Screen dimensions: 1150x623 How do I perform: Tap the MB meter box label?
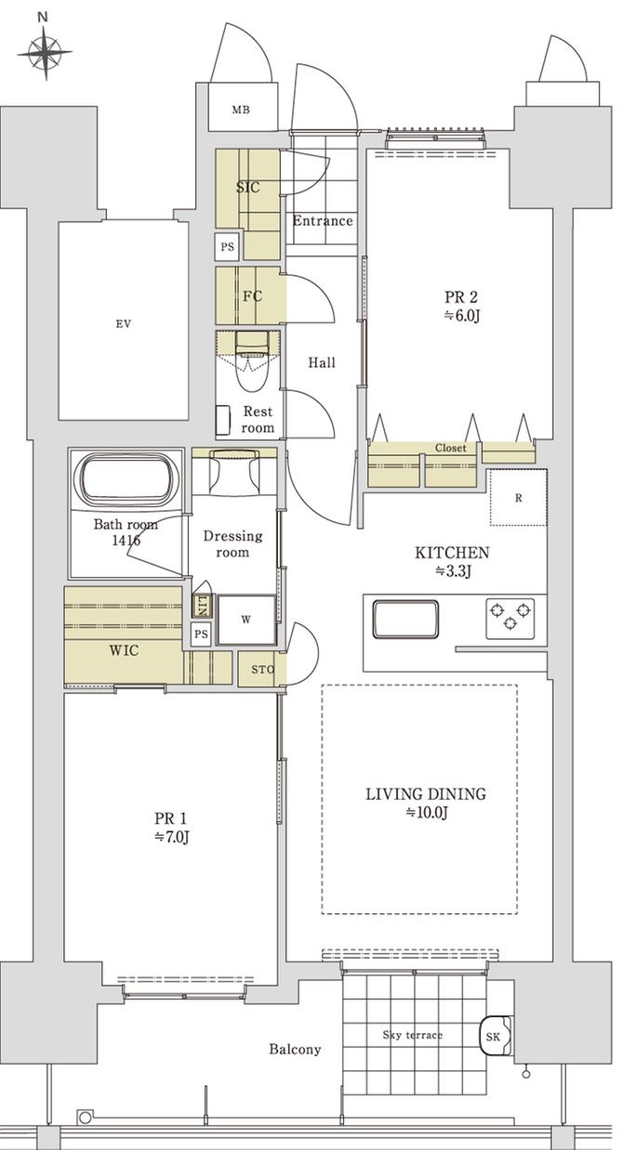pos(241,111)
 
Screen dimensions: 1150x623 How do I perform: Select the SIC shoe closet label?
pos(247,188)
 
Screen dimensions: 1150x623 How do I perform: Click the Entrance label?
pos(323,221)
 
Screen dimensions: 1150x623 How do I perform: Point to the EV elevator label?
pos(123,324)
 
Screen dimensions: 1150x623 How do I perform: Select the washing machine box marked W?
pos(246,618)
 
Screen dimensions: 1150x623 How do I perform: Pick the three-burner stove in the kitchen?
pos(509,614)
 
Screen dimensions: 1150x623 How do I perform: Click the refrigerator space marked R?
pos(518,497)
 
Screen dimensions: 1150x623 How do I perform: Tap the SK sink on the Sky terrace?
pos(493,1036)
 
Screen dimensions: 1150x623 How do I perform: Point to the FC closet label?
pos(251,297)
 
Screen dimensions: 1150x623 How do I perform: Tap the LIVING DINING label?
pos(426,794)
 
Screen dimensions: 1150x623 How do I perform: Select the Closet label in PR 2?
pos(451,448)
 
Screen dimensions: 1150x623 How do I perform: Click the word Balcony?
pos(295,1050)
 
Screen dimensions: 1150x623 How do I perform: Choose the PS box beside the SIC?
pos(226,247)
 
